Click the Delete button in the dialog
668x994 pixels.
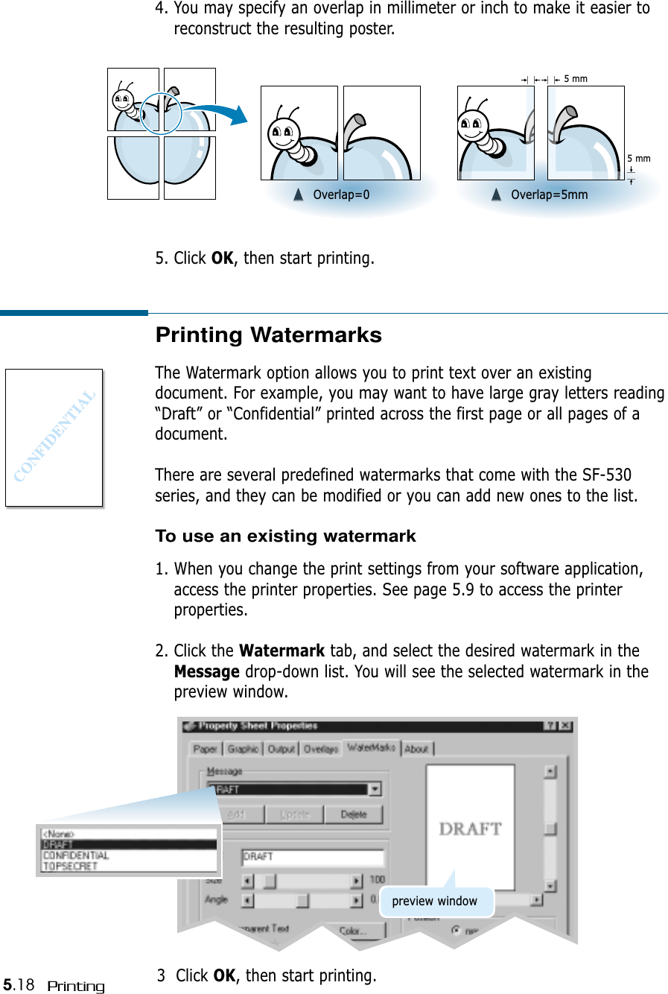click(354, 814)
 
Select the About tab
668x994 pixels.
click(416, 749)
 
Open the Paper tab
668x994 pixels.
click(205, 749)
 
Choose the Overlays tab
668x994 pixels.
click(321, 749)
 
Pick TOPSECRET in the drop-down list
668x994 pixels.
click(70, 867)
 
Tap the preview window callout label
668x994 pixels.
click(435, 902)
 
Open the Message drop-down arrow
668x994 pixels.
click(375, 789)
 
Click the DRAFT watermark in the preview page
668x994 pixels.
click(470, 829)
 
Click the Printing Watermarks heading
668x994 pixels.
click(268, 335)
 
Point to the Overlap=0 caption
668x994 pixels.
click(340, 195)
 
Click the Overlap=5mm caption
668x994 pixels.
click(549, 195)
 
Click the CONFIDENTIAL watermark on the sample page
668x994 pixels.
click(54, 436)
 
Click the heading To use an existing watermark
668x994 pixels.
click(285, 536)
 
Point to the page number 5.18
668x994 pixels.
click(19, 985)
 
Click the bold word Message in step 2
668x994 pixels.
click(206, 672)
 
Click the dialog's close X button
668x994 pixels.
click(566, 726)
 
